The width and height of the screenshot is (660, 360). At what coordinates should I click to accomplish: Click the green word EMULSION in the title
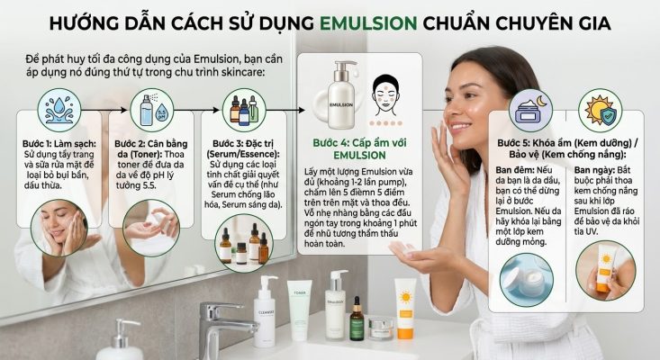368,23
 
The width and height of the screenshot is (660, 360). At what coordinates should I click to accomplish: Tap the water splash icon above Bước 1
59,110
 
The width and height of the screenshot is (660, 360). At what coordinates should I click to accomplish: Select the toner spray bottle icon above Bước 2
151,110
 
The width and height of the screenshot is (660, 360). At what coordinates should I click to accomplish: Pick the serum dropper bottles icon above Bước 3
244,110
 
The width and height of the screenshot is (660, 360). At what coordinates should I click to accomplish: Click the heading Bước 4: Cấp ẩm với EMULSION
359,148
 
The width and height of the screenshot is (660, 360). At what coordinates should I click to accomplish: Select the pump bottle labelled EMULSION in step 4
340,95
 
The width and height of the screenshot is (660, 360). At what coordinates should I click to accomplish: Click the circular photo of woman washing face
59,228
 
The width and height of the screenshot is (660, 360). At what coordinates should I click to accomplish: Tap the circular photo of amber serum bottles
244,243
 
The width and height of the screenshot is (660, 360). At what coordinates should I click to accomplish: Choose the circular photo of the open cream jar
527,280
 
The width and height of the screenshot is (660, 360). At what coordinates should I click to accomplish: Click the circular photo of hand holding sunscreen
605,270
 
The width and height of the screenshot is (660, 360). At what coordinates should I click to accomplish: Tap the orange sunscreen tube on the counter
405,309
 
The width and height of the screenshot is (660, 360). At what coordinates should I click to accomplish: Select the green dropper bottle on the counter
357,319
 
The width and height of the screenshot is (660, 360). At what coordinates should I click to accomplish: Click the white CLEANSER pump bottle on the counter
265,311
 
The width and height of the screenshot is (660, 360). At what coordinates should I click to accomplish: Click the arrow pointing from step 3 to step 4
285,110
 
